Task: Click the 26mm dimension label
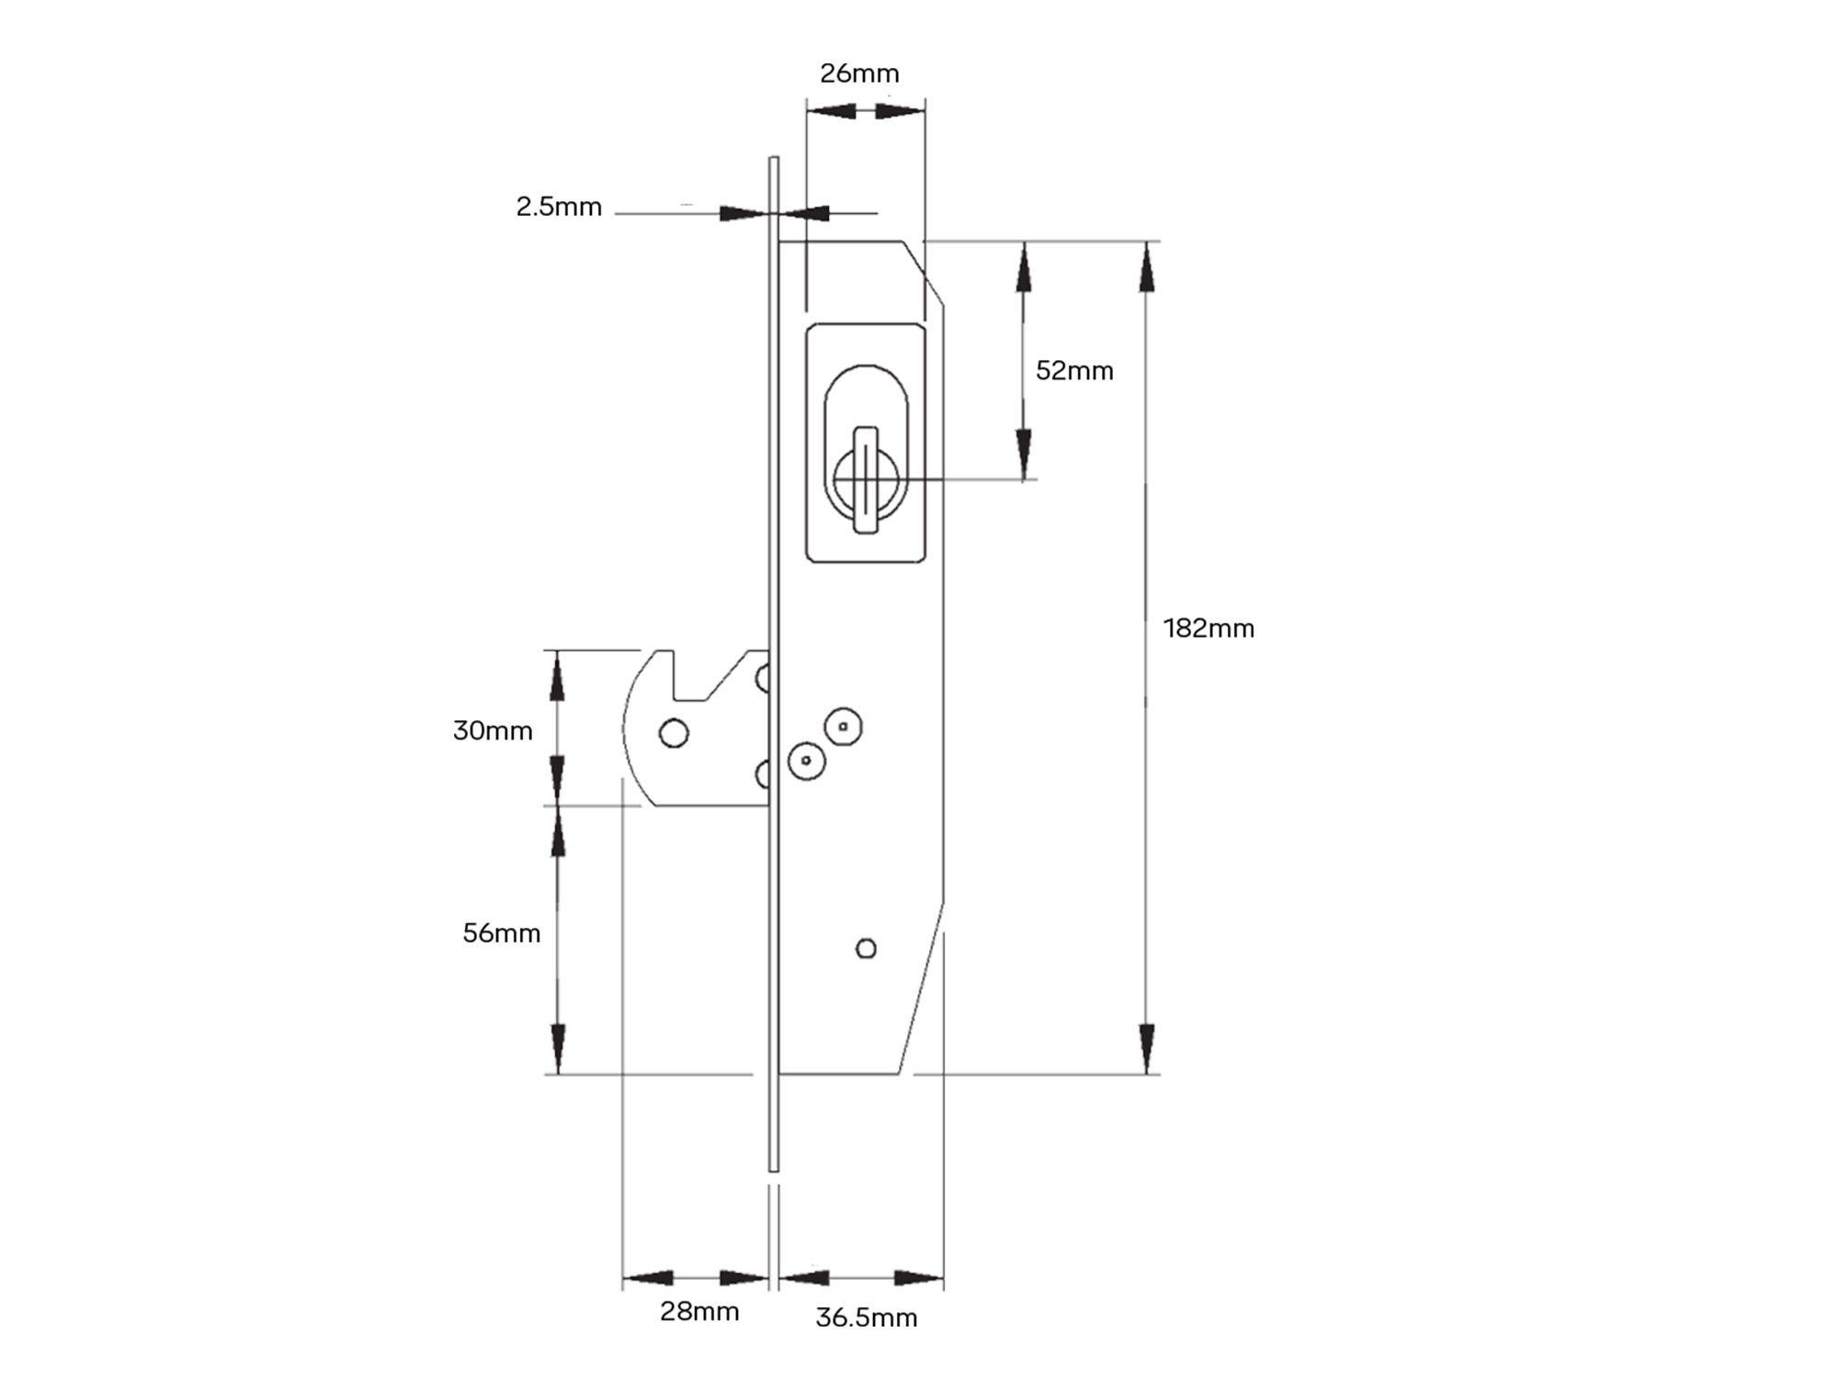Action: pos(859,73)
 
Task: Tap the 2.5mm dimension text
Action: pos(559,207)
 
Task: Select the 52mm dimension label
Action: pos(1074,370)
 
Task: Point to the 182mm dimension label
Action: pos(1208,628)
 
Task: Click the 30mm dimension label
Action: pos(493,730)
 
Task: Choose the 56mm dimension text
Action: pos(501,933)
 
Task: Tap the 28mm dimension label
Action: pos(699,1312)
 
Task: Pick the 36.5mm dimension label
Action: pos(867,1317)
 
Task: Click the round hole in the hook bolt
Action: pos(674,733)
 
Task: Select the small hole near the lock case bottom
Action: pos(866,948)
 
